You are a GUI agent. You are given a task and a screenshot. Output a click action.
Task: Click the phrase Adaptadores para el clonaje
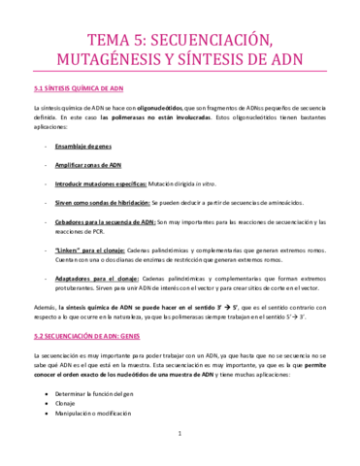(x=110, y=277)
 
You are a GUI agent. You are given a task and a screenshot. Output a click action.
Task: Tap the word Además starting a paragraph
(x=46, y=305)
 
